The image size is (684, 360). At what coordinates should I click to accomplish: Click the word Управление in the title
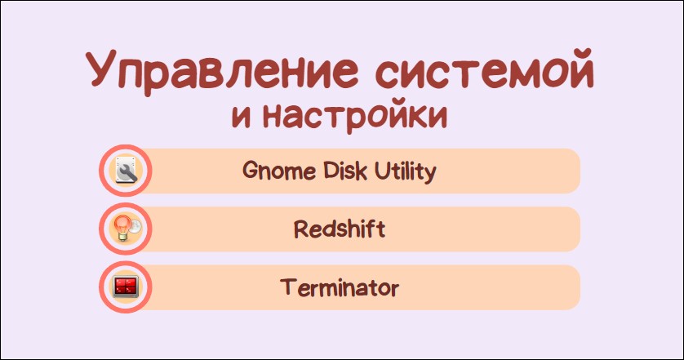(x=221, y=72)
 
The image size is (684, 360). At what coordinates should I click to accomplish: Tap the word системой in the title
(x=485, y=68)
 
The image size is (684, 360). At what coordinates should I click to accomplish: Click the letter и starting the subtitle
(x=242, y=117)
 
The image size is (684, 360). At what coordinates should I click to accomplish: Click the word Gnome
(x=279, y=170)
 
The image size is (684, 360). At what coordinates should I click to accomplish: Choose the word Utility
(x=405, y=171)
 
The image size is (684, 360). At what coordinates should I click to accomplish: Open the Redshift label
(x=340, y=229)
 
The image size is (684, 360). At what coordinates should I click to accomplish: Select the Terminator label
(x=340, y=287)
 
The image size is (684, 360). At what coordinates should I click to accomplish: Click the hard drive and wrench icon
(x=126, y=170)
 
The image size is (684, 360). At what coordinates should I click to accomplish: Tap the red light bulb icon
(x=122, y=227)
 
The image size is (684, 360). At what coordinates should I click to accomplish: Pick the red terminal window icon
(x=126, y=287)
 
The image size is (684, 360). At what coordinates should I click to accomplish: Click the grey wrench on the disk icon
(x=127, y=173)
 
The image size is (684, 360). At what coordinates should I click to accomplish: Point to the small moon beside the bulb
(x=135, y=226)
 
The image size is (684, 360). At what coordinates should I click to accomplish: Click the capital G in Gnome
(x=251, y=170)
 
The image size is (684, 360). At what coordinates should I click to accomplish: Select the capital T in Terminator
(x=288, y=287)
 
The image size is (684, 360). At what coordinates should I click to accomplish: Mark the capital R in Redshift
(x=302, y=229)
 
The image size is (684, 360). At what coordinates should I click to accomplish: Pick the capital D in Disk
(x=331, y=170)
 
